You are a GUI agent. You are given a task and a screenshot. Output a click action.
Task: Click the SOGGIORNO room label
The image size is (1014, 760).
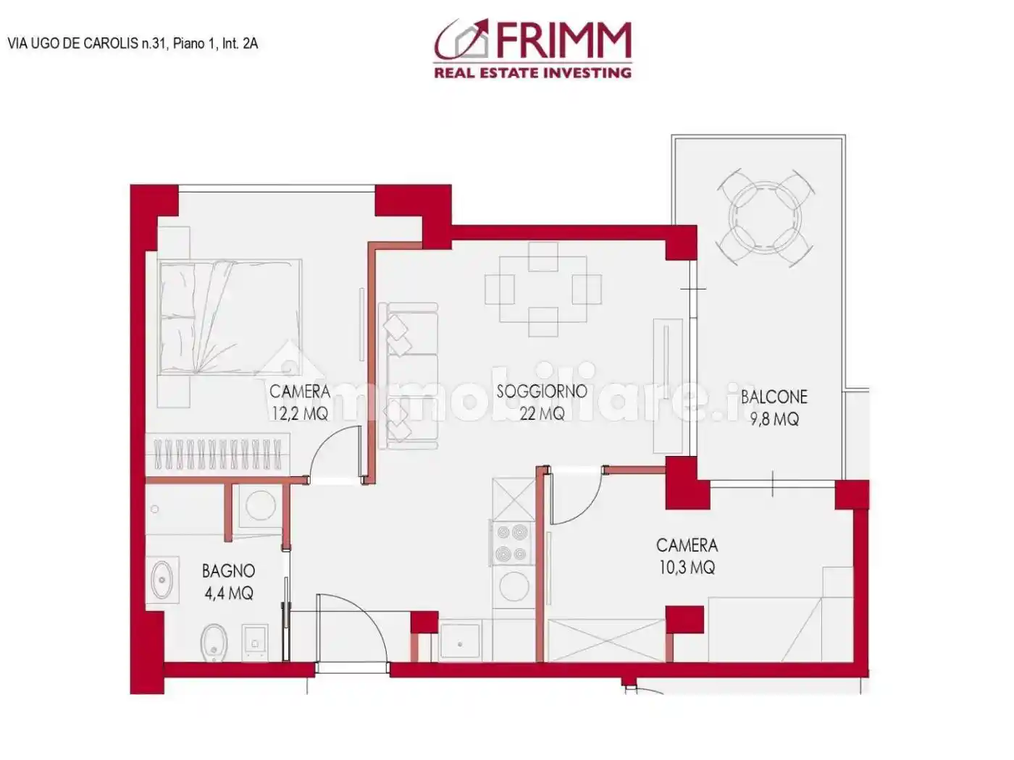[x=541, y=392]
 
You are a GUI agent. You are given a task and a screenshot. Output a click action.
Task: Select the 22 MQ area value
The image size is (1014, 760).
[x=541, y=414]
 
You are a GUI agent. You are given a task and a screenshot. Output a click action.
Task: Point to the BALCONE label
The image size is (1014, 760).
[x=774, y=397]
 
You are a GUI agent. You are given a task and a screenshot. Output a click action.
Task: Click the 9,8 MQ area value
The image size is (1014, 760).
[x=774, y=419]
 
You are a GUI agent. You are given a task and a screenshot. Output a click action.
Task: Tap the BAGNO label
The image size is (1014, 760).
[x=228, y=571]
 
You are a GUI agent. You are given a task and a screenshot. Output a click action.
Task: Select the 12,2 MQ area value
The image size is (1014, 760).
[x=299, y=414]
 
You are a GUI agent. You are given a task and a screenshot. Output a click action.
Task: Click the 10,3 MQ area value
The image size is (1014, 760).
[x=686, y=567]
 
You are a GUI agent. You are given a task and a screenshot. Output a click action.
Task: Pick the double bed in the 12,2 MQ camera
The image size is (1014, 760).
[x=230, y=318]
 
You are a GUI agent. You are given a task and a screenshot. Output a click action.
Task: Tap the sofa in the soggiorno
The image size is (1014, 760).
[x=409, y=376]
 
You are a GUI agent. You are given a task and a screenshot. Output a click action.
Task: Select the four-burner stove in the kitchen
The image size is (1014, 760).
[x=512, y=544]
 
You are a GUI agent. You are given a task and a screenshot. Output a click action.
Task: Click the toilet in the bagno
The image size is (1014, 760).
[x=215, y=641]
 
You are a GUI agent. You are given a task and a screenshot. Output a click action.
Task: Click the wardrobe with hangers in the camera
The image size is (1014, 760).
[x=217, y=455]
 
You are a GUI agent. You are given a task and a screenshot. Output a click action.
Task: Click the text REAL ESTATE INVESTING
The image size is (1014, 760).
[x=532, y=72]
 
